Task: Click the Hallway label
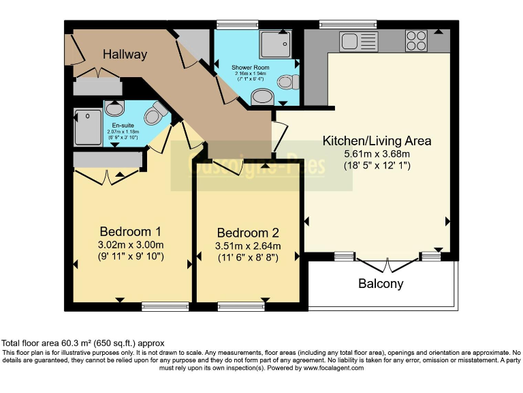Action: point(125,55)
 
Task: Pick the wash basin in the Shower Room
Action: point(260,98)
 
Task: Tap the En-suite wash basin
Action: point(114,108)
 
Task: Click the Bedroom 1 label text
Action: point(131,231)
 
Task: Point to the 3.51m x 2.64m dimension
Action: point(248,246)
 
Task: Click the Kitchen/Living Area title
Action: point(377,141)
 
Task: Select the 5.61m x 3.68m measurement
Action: point(377,154)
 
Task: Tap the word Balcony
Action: point(381,284)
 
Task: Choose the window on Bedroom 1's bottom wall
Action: point(165,306)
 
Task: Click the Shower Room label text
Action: point(251,68)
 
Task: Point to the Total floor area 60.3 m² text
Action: point(82,343)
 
